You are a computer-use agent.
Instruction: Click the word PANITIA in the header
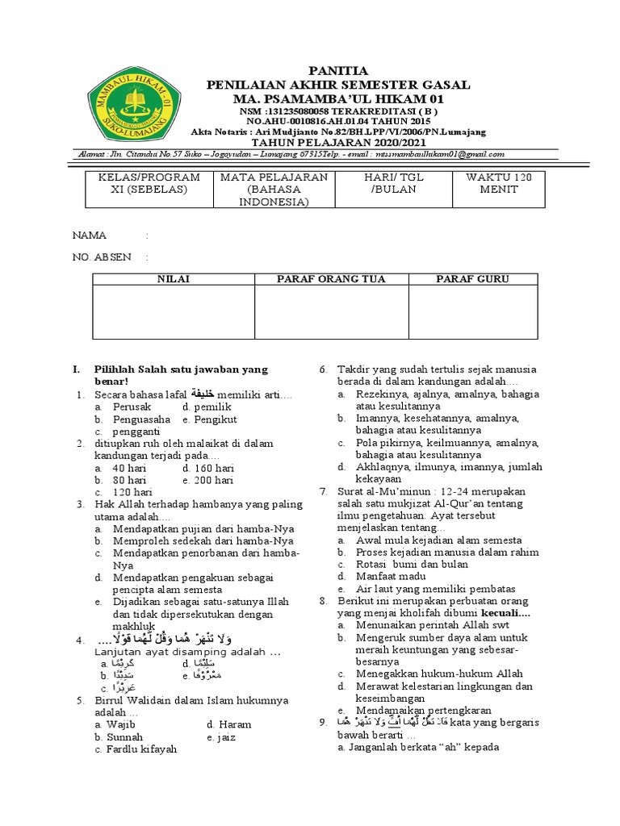(339, 71)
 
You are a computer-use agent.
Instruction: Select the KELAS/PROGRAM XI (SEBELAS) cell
(149, 183)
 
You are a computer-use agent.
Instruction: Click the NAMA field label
(90, 236)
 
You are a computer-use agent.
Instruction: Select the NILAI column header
(173, 279)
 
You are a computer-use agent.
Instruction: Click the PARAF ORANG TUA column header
(331, 279)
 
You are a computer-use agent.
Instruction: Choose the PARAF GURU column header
(472, 279)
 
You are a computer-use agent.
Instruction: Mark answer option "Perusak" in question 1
(132, 407)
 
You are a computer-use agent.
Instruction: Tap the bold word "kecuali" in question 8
(505, 612)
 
